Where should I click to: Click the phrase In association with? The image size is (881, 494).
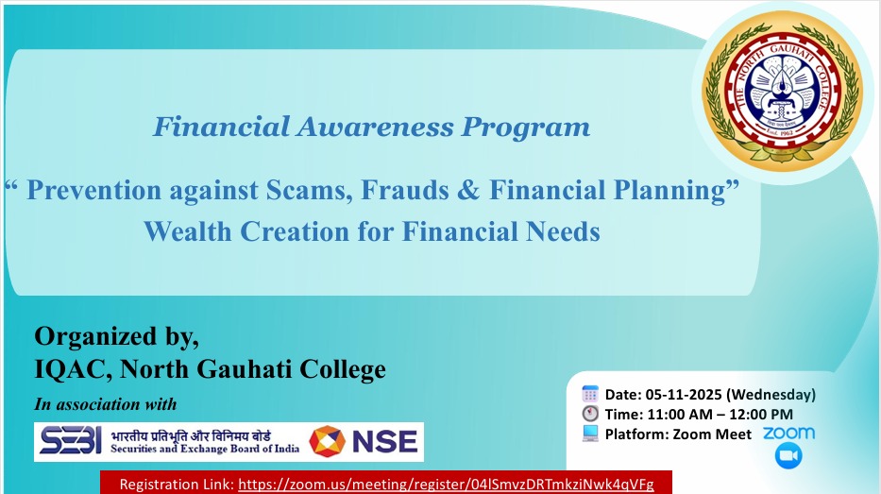[x=105, y=404]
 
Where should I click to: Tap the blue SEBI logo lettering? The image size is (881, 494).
[x=68, y=441]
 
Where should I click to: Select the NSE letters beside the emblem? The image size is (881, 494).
[x=381, y=441]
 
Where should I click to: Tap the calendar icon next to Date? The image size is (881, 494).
[x=590, y=394]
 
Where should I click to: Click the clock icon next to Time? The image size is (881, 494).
[x=590, y=414]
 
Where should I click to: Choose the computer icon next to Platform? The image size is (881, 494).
[x=590, y=434]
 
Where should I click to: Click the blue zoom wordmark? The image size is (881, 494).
[x=788, y=433]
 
